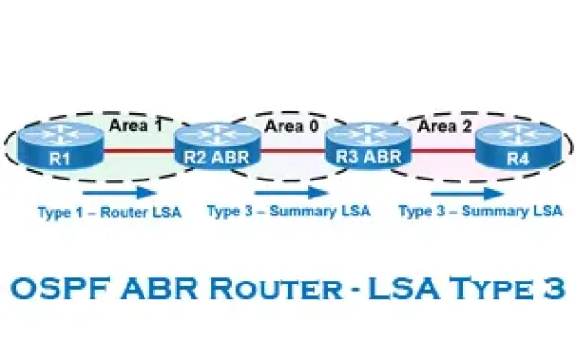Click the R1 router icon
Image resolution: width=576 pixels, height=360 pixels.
(x=60, y=146)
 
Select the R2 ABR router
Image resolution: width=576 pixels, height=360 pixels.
(x=217, y=146)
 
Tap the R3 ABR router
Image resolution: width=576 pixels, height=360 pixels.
(x=368, y=146)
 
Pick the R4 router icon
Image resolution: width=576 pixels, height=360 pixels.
(x=518, y=146)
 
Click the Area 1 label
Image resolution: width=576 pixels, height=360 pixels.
(x=136, y=126)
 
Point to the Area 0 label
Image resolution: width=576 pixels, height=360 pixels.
(x=292, y=126)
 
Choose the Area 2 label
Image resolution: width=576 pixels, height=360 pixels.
(x=445, y=126)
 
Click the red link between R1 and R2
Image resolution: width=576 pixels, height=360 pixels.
(x=139, y=150)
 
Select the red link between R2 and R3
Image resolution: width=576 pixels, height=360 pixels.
(x=293, y=150)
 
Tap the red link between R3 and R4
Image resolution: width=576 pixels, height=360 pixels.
(x=444, y=150)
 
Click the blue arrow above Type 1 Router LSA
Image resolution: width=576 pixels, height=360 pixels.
(x=120, y=193)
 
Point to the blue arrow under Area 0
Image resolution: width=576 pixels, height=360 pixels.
(x=291, y=193)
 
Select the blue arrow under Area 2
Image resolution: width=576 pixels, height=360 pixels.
(x=466, y=193)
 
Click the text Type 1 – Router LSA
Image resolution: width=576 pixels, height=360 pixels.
(x=110, y=213)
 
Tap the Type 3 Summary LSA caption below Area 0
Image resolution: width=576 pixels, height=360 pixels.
(x=289, y=212)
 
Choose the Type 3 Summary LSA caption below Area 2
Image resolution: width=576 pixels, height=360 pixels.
(x=481, y=212)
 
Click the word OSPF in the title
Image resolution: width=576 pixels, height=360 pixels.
(x=60, y=287)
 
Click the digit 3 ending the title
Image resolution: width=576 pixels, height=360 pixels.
(x=551, y=287)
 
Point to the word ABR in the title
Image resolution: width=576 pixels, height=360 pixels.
(x=160, y=287)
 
